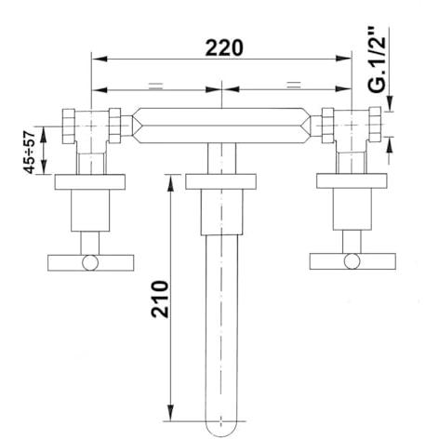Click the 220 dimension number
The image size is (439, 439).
click(x=224, y=48)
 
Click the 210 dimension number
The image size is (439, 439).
click(x=160, y=299)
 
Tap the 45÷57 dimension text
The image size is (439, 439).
click(x=30, y=153)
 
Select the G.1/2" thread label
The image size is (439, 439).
click(x=378, y=60)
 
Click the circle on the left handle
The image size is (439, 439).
click(x=90, y=263)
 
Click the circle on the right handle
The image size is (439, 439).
click(x=353, y=261)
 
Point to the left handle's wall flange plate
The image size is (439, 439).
click(x=90, y=182)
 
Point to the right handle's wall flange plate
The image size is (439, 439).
click(x=352, y=180)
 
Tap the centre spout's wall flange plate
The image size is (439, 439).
click(x=220, y=182)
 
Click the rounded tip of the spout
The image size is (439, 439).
click(x=221, y=429)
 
